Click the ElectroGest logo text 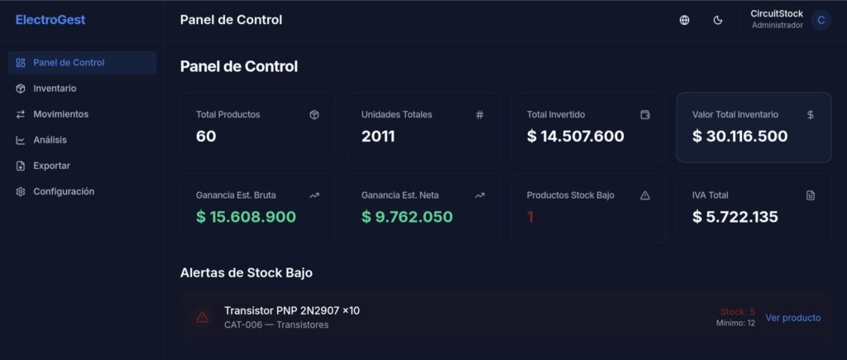pyautogui.click(x=50, y=20)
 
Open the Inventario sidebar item pyautogui.click(x=55, y=89)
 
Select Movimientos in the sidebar pyautogui.click(x=60, y=114)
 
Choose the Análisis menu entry pyautogui.click(x=50, y=140)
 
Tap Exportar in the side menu pyautogui.click(x=51, y=166)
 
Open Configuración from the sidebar pyautogui.click(x=64, y=191)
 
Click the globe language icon pyautogui.click(x=684, y=21)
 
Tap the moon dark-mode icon pyautogui.click(x=718, y=21)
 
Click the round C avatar pyautogui.click(x=821, y=21)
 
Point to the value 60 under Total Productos pyautogui.click(x=206, y=137)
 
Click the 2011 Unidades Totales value pyautogui.click(x=378, y=137)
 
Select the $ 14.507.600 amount pyautogui.click(x=575, y=137)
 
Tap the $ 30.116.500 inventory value pyautogui.click(x=739, y=137)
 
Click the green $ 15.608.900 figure pyautogui.click(x=246, y=217)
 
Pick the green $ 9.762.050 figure pyautogui.click(x=407, y=217)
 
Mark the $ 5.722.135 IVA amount pyautogui.click(x=735, y=217)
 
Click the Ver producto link pyautogui.click(x=792, y=318)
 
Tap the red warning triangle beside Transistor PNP pyautogui.click(x=202, y=317)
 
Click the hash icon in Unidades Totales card pyautogui.click(x=480, y=115)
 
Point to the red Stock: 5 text pyautogui.click(x=737, y=312)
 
